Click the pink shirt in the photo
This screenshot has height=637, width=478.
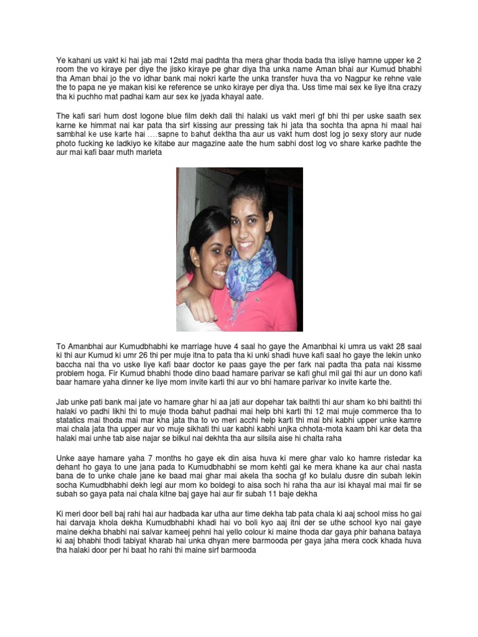pyautogui.click(x=274, y=305)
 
